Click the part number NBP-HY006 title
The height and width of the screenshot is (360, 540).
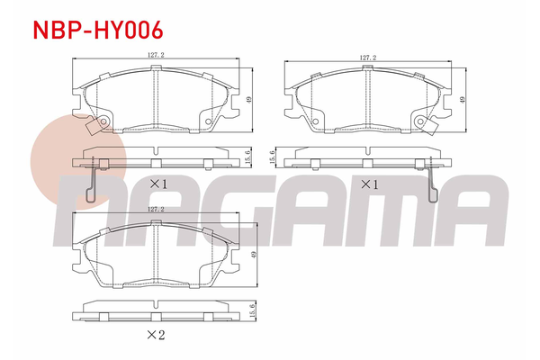pos(98,30)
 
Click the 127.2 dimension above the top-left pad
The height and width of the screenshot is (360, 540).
pos(156,55)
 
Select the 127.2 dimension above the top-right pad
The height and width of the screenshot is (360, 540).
pos(368,58)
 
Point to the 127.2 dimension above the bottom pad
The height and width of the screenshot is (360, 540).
pos(156,209)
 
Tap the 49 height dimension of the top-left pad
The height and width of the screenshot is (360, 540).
pos(249,100)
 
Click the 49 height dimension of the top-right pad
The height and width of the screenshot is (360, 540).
pos(463,100)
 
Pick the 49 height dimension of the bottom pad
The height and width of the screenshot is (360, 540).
pos(254,255)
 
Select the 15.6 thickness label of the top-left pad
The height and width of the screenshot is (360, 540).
pos(249,157)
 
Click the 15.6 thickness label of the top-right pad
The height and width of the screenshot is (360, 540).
pos(273,157)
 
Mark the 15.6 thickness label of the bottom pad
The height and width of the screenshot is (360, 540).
pos(252,311)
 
